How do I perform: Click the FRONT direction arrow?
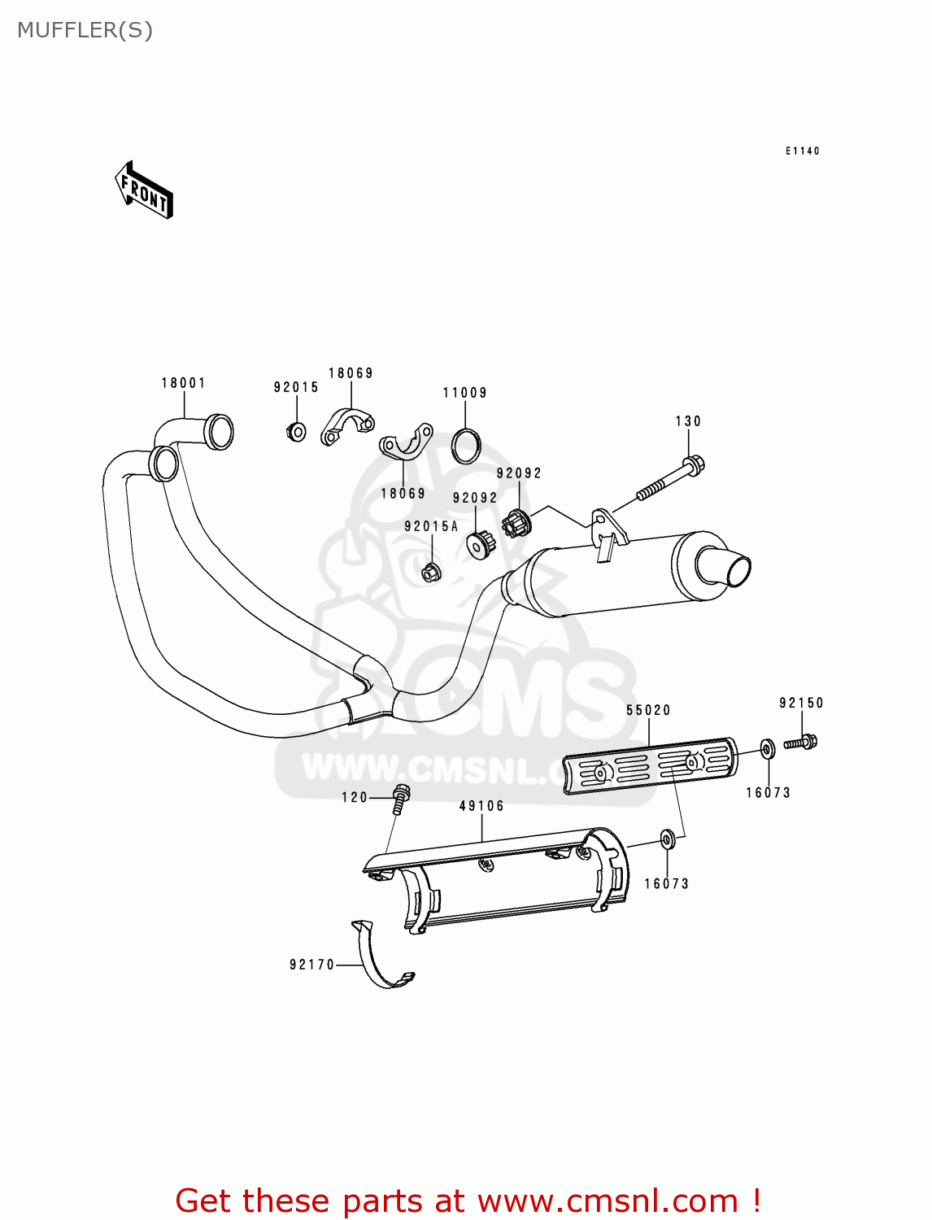pyautogui.click(x=145, y=190)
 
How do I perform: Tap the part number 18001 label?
pyautogui.click(x=184, y=383)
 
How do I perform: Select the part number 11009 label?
pyautogui.click(x=465, y=393)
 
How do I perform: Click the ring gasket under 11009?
pyautogui.click(x=466, y=445)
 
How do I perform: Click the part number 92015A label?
pyautogui.click(x=432, y=527)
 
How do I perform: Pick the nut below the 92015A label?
pyautogui.click(x=431, y=572)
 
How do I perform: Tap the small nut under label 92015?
pyautogui.click(x=297, y=431)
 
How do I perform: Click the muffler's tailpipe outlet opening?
pyautogui.click(x=738, y=571)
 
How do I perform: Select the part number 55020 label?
pyautogui.click(x=649, y=710)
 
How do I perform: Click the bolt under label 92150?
pyautogui.click(x=801, y=742)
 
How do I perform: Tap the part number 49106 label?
pyautogui.click(x=482, y=806)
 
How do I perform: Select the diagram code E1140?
pyautogui.click(x=803, y=151)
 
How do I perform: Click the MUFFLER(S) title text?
pyautogui.click(x=85, y=31)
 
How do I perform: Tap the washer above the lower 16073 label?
pyautogui.click(x=667, y=839)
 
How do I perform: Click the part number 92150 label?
pyautogui.click(x=802, y=703)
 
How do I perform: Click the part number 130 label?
pyautogui.click(x=688, y=421)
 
